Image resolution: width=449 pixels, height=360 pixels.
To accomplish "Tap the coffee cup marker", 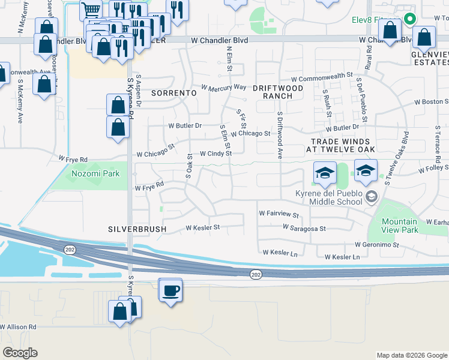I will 170,290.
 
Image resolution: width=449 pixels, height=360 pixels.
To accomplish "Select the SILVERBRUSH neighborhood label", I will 136,229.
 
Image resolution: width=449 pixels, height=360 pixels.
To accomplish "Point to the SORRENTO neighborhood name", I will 173,93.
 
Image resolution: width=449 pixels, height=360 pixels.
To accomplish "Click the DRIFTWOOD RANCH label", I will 277,91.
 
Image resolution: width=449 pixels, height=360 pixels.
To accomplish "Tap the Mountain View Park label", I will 400,226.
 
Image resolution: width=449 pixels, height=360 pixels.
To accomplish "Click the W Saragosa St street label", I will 304,229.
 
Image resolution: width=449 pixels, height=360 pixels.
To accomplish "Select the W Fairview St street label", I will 279,213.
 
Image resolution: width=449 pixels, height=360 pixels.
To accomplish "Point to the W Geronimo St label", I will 377,245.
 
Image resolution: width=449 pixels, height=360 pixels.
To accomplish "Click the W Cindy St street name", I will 215,154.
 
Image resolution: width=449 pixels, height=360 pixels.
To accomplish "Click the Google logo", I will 19,353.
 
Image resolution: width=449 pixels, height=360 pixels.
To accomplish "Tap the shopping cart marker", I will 90,10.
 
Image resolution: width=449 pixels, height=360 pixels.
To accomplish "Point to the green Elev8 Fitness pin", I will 410,19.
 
